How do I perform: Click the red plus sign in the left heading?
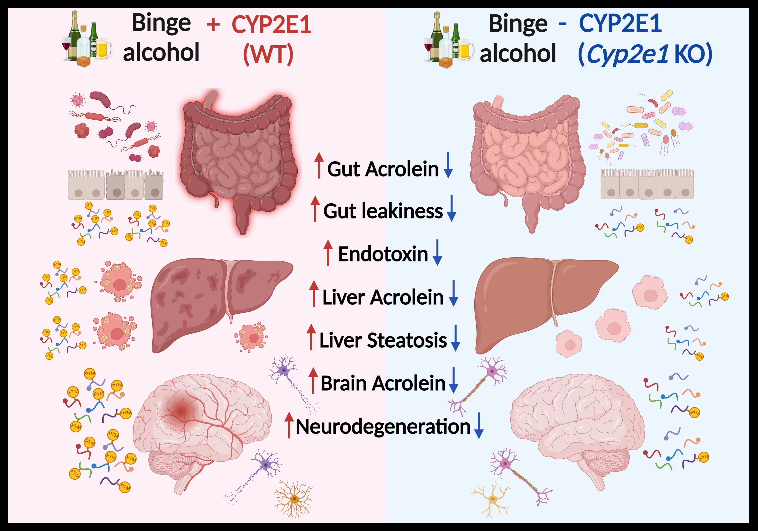tap(213, 25)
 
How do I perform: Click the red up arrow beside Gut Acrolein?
tap(319, 165)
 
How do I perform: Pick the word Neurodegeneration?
tap(383, 427)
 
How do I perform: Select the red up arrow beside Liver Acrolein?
tap(314, 293)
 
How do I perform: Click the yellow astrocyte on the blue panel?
tap(492, 499)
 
